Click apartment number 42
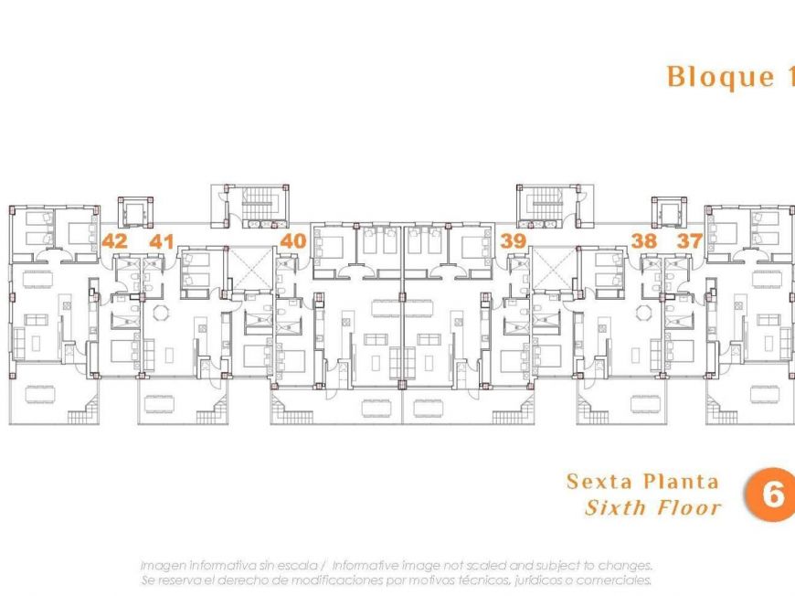coord(115,241)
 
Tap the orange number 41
coord(162,241)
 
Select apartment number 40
coord(292,241)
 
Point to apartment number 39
coord(514,241)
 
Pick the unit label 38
coord(644,241)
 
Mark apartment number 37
coord(688,241)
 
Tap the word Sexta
coord(599,481)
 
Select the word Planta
coord(681,481)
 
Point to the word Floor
coord(688,507)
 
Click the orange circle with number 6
coord(770,495)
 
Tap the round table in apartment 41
coord(161,313)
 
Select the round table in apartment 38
coord(644,313)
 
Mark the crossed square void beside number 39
coord(554,269)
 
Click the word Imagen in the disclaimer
coord(164,566)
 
